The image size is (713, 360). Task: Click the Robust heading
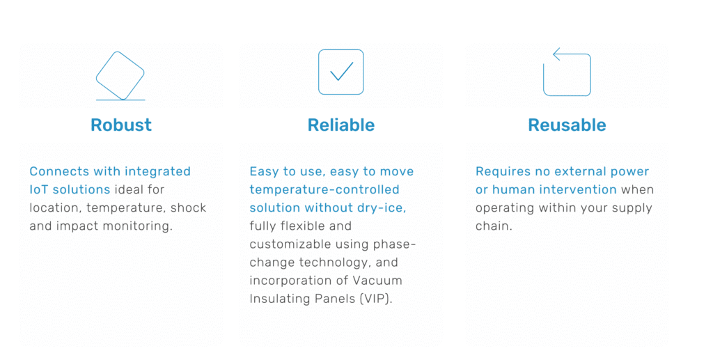click(121, 125)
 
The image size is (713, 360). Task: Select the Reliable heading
click(341, 125)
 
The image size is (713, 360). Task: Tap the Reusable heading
click(567, 125)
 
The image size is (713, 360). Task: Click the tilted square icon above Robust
click(120, 75)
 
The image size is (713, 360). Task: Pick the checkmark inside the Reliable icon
click(341, 72)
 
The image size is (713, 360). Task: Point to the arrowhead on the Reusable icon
click(556, 54)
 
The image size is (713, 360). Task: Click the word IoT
click(38, 189)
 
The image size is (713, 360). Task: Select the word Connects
click(60, 171)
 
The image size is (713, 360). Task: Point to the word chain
click(494, 226)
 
